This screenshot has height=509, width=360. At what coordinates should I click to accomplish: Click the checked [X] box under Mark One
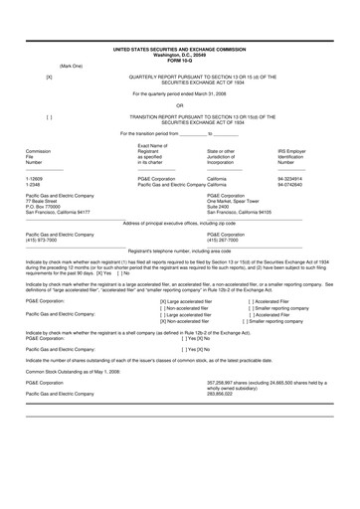pos(50,76)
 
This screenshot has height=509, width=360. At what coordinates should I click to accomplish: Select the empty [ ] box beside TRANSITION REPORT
pos(50,116)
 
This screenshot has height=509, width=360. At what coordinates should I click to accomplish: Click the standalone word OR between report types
pos(179,104)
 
